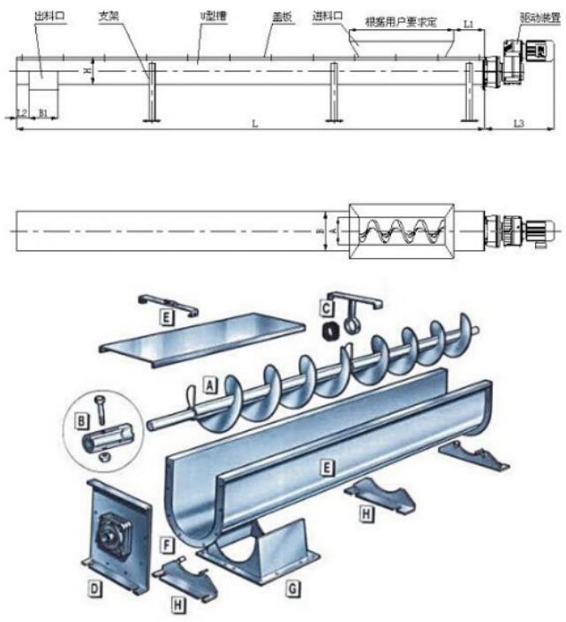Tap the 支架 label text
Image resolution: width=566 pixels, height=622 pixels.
(109, 17)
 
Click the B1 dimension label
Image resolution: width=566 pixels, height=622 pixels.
(43, 114)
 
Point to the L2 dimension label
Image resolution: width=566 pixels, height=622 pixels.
(22, 114)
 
